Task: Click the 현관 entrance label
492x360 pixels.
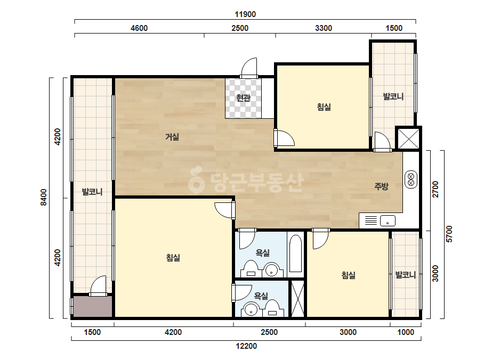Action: (243, 98)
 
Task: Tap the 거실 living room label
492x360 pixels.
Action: (172, 137)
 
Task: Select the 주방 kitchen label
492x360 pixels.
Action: (381, 186)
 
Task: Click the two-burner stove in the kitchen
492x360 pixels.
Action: (411, 179)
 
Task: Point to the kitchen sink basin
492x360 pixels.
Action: (388, 221)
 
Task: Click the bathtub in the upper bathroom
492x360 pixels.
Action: (295, 253)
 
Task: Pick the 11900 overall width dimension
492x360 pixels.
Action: (245, 14)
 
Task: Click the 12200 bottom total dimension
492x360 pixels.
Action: (246, 346)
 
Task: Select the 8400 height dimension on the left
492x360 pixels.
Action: (44, 197)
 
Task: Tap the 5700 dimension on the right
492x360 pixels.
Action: (449, 234)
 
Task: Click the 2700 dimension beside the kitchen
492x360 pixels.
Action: (435, 189)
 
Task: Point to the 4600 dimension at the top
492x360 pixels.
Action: (139, 28)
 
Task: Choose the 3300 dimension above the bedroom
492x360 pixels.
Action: (324, 28)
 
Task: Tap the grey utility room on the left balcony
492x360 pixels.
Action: (93, 306)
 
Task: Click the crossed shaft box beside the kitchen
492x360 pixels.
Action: (408, 138)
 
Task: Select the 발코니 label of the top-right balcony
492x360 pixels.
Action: (393, 96)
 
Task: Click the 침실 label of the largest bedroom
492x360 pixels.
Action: (173, 258)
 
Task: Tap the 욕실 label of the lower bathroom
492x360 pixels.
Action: (261, 296)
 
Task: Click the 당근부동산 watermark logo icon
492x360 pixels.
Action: (196, 180)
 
